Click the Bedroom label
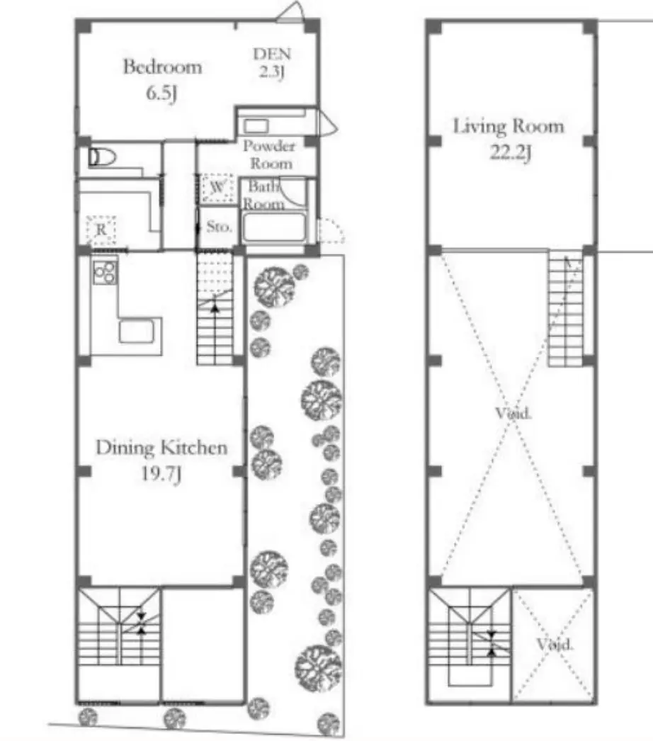tap(162, 67)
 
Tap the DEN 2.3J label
tap(272, 62)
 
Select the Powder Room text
tap(269, 154)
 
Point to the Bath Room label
tap(263, 196)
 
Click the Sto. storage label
tap(220, 227)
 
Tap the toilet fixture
tap(102, 157)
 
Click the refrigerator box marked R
tap(101, 230)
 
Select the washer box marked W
tap(218, 188)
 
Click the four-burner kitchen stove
tap(105, 272)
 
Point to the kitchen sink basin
tap(136, 332)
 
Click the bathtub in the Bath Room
tap(273, 227)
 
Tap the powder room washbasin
tap(256, 125)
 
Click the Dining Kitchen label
tap(161, 448)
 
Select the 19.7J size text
tap(161, 473)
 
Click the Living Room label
tap(509, 127)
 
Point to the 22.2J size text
tap(511, 152)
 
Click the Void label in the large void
tap(513, 414)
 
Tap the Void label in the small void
tap(555, 644)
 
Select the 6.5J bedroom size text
tap(161, 93)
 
